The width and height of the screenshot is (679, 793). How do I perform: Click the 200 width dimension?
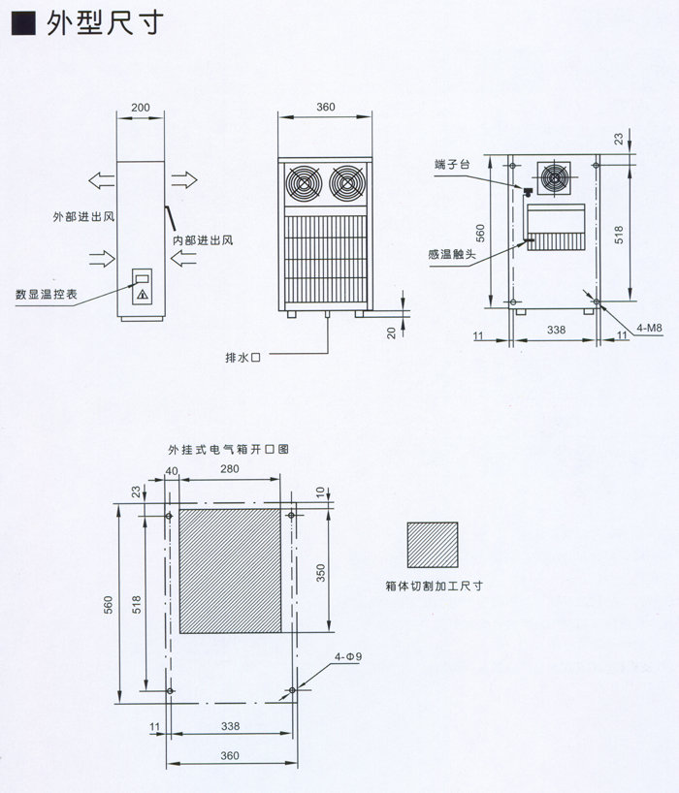[142, 108]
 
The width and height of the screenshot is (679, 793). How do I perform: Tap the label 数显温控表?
[46, 292]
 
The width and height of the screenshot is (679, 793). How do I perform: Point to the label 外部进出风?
[84, 216]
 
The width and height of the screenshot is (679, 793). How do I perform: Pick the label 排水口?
[243, 357]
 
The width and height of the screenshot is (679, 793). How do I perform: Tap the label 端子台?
[453, 167]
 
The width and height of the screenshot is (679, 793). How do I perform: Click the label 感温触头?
[451, 254]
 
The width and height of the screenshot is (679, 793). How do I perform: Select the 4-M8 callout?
[649, 329]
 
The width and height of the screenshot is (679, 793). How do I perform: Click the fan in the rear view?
[555, 177]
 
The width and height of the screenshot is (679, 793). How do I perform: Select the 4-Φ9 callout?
[348, 657]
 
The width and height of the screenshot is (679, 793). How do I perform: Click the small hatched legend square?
[433, 545]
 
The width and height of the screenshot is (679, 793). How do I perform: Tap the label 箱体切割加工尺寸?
[433, 586]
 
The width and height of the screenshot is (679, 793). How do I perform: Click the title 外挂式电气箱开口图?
[228, 450]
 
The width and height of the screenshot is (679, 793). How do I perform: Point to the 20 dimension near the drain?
[391, 333]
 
